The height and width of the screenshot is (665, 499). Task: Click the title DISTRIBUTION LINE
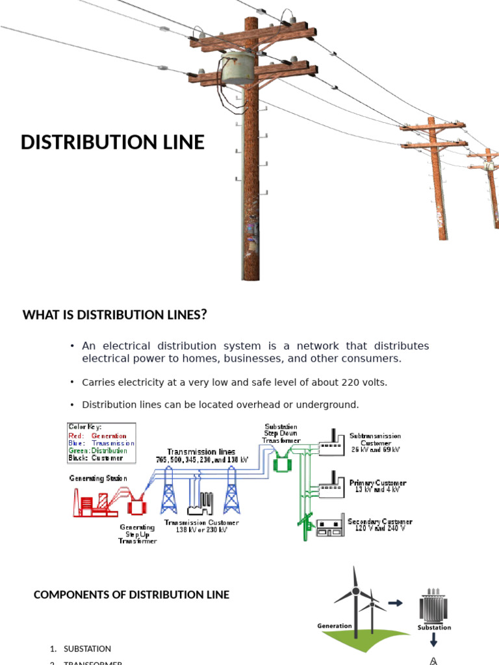(x=112, y=142)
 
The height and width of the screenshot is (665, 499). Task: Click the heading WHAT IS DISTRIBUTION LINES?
(x=115, y=315)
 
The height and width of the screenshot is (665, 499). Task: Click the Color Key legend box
(x=101, y=442)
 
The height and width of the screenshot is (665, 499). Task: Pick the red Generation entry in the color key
(x=109, y=436)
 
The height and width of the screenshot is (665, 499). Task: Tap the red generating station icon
(x=91, y=502)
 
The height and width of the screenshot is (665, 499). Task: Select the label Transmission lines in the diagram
(x=201, y=451)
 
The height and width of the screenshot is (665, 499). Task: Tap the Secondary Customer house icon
(x=330, y=526)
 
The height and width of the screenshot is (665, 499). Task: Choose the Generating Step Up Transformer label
(x=137, y=534)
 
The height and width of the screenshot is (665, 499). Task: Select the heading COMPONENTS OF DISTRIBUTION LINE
(x=131, y=594)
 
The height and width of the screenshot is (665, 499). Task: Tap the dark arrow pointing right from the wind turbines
(x=395, y=603)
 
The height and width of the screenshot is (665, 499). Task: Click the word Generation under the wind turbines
(x=335, y=626)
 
